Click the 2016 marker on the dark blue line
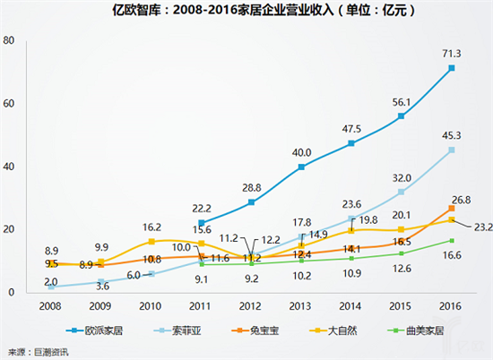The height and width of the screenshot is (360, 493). click(452, 68)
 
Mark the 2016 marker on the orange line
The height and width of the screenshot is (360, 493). click(452, 209)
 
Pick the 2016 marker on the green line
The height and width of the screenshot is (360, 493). click(452, 240)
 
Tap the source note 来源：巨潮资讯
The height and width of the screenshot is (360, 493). click(39, 351)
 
